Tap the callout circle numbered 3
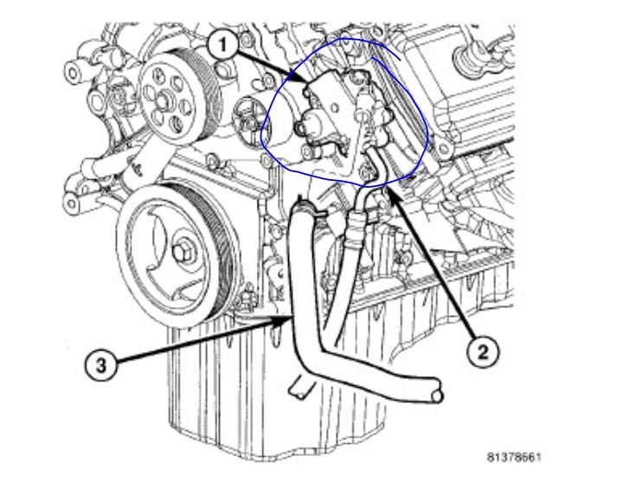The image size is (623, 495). click(x=101, y=364)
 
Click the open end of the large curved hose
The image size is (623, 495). click(x=438, y=397)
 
